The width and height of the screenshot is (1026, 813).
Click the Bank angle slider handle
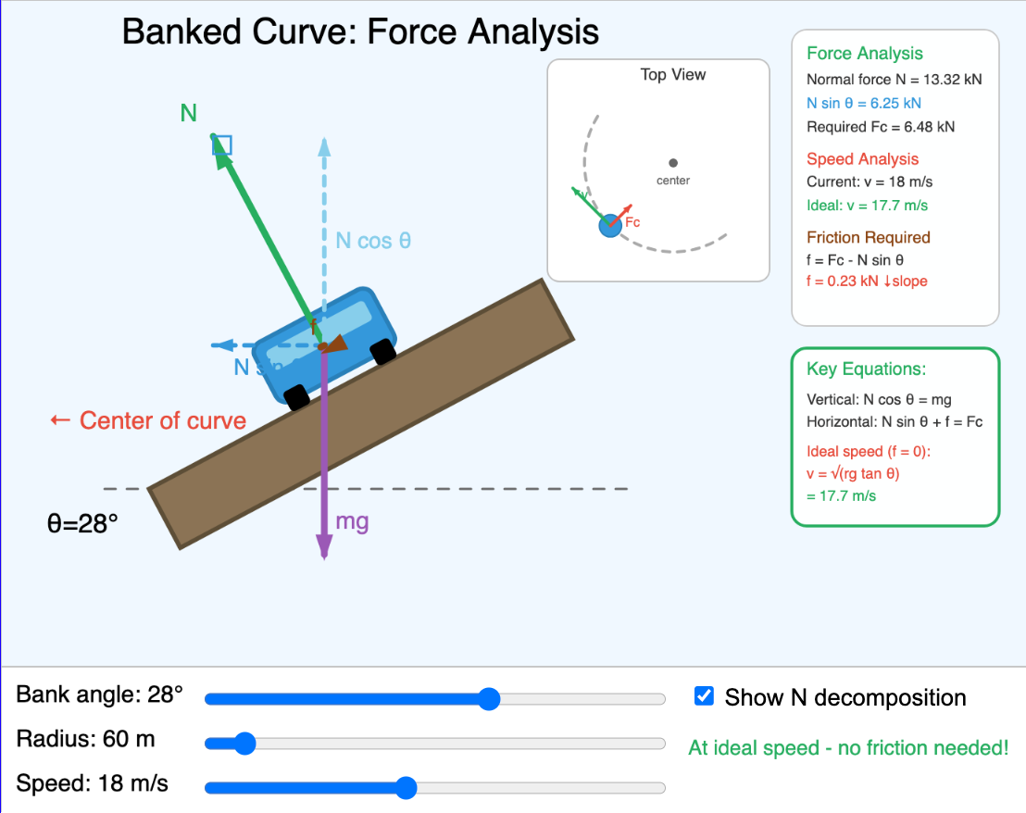489,698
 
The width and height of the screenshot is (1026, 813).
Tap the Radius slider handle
244,743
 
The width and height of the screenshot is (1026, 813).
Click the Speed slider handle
405,787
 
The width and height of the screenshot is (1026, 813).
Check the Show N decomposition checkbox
705,696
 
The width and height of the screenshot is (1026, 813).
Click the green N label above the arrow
189,113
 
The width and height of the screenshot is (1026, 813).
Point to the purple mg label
352,521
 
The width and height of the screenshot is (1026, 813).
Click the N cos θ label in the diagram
373,241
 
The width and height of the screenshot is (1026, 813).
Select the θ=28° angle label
83,523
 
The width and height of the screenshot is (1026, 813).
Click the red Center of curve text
148,420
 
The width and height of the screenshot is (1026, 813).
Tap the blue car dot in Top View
609,225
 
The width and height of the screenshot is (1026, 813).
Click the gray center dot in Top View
673,163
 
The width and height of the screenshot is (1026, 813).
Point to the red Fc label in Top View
632,222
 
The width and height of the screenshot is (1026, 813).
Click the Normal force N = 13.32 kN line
894,80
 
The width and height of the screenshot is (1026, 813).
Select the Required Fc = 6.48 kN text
880,127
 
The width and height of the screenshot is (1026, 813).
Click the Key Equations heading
866,369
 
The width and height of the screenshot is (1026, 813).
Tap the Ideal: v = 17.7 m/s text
867,206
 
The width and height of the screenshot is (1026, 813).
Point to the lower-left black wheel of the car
296,397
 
